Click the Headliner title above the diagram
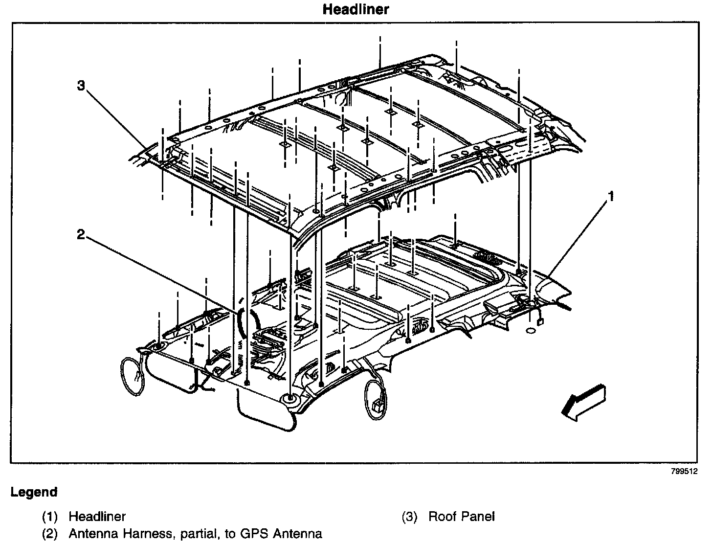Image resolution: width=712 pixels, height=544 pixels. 356,9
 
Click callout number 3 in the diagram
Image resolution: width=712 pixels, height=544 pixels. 81,86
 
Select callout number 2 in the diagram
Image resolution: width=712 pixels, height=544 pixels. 81,235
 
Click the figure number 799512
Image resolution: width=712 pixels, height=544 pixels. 684,472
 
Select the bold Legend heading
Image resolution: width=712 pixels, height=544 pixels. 34,492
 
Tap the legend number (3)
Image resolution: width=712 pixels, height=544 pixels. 409,516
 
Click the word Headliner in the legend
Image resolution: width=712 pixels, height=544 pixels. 97,516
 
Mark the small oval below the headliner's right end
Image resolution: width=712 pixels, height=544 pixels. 530,332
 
